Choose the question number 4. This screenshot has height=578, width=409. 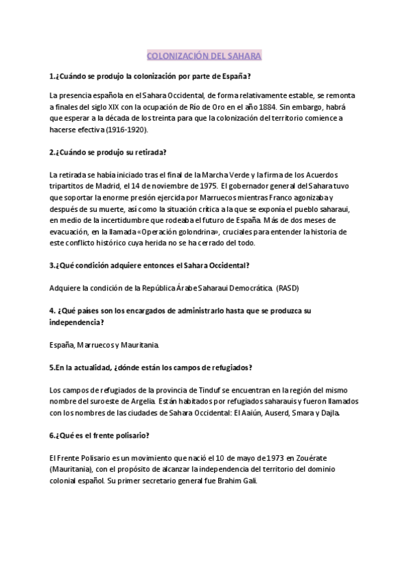(x=52, y=310)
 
